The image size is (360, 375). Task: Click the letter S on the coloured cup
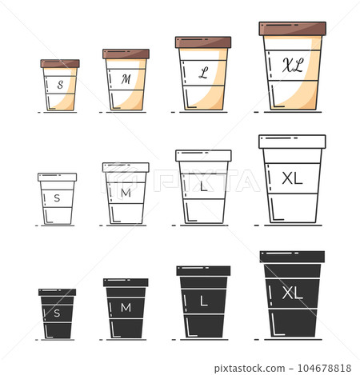point(59,83)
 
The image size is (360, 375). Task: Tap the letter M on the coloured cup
point(126,79)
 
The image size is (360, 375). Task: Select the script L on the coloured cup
point(203,73)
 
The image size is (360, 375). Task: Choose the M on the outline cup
point(125,193)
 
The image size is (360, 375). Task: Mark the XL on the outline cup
point(293,178)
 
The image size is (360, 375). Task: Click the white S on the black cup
point(57,313)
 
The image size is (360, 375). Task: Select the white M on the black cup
point(125,308)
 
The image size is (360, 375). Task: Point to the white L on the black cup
point(203,302)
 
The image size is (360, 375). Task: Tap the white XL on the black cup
point(293,293)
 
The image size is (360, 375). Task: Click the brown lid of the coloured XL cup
point(293,29)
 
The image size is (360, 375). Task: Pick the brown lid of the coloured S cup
point(60,63)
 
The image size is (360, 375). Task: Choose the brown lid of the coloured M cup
point(126,54)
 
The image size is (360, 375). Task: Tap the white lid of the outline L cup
point(203,155)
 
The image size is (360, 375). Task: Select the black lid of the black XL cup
point(292,257)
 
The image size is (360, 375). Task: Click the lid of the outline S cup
point(58,177)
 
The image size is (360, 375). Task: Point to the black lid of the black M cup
point(126,282)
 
